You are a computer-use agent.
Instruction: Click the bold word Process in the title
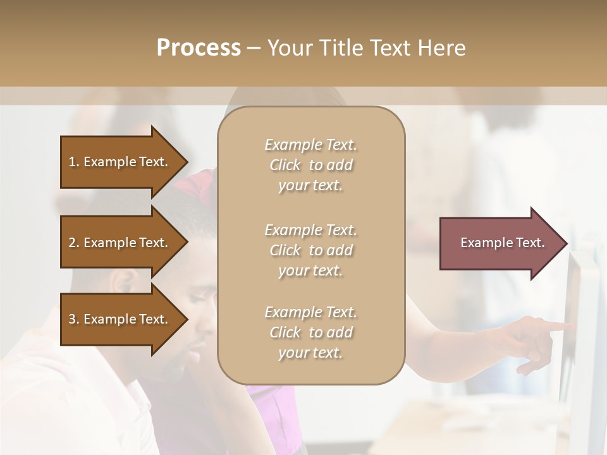[x=199, y=48]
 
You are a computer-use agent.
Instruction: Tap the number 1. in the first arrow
[x=74, y=162]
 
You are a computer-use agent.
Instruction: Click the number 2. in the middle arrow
[x=74, y=243]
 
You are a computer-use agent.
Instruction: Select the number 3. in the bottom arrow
[x=74, y=319]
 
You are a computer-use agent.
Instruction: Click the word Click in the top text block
[x=285, y=166]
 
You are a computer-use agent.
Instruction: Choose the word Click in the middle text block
[x=285, y=251]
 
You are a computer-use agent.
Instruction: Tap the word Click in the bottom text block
[x=285, y=333]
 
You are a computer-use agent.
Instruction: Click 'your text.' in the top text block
[x=310, y=186]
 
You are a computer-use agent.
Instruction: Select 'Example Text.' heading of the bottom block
[x=310, y=312]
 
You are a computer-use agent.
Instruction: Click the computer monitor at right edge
[x=585, y=329]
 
